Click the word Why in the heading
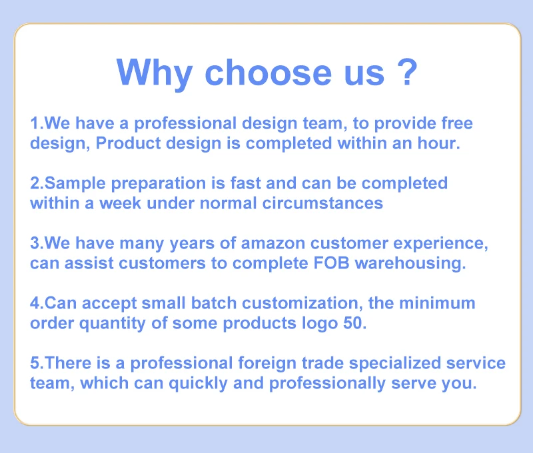(155, 73)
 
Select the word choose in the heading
(268, 72)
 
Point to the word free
(457, 123)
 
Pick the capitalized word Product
(128, 143)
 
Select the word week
(120, 203)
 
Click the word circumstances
(322, 203)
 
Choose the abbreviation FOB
(331, 263)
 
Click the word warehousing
(408, 264)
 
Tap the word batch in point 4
(213, 303)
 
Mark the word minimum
(437, 303)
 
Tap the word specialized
(394, 364)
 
